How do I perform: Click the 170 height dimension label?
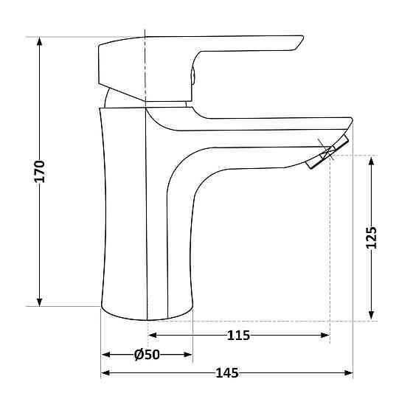pos(40,171)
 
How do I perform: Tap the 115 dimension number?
pos(238,336)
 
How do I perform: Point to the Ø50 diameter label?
pos(147,355)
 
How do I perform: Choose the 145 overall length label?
pos(227,373)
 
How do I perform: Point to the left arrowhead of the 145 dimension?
pos(105,373)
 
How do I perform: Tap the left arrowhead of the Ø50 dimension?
pos(105,355)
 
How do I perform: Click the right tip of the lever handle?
pos(300,41)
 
